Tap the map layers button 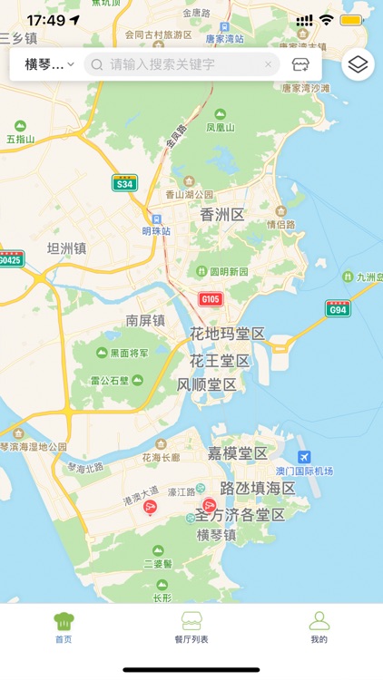[x=358, y=63]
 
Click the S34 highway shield [x=124, y=183]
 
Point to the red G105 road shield [x=211, y=299]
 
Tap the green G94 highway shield [x=338, y=309]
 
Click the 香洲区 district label [x=223, y=215]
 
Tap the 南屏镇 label [x=145, y=320]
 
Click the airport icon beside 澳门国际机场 [x=304, y=456]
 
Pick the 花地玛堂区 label [x=227, y=334]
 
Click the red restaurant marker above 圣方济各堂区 [x=210, y=504]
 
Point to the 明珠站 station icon [x=155, y=219]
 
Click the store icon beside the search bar [x=300, y=64]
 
